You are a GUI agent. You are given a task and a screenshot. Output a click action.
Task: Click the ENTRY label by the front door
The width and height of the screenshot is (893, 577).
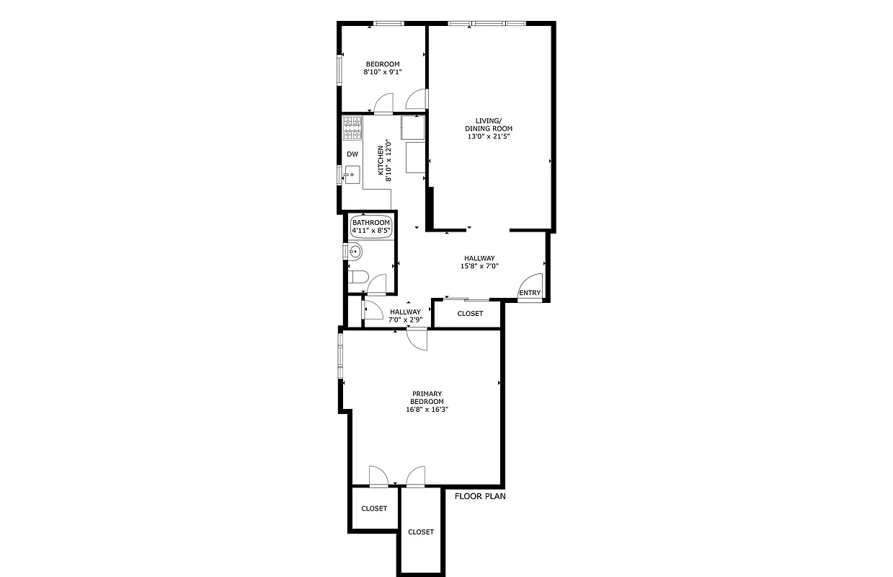pyautogui.click(x=530, y=292)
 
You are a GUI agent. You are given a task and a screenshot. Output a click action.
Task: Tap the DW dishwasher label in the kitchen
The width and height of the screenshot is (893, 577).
pyautogui.click(x=352, y=154)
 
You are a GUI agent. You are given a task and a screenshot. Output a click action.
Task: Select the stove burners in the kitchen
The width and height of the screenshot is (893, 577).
pyautogui.click(x=352, y=128)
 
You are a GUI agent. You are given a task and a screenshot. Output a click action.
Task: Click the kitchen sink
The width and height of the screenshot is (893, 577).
pyautogui.click(x=352, y=174)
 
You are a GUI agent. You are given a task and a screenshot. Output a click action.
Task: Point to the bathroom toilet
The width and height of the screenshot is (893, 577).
pyautogui.click(x=358, y=277)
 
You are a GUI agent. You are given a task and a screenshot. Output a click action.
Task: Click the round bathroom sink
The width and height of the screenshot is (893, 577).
pyautogui.click(x=355, y=252)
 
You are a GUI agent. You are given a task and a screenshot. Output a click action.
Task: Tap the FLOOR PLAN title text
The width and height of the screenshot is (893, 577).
pyautogui.click(x=480, y=496)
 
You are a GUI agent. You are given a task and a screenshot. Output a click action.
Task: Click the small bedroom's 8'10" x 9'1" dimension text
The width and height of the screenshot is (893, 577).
pyautogui.click(x=382, y=72)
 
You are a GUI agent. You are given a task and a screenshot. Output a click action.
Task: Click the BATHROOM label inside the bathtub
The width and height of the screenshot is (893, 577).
pyautogui.click(x=371, y=222)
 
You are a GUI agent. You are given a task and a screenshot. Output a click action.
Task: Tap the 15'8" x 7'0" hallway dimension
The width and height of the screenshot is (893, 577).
pyautogui.click(x=479, y=266)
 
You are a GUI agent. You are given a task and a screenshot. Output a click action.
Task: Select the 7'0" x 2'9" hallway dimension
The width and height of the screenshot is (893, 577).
pyautogui.click(x=405, y=320)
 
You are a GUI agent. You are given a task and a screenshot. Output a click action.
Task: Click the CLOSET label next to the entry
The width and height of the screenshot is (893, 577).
pyautogui.click(x=470, y=314)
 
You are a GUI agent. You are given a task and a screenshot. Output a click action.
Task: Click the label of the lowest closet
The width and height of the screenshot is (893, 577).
pyautogui.click(x=421, y=532)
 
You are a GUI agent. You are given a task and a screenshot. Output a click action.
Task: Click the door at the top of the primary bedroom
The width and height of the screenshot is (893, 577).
pyautogui.click(x=417, y=339)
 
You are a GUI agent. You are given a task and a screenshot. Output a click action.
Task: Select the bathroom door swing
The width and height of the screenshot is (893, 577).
pyautogui.click(x=376, y=283)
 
